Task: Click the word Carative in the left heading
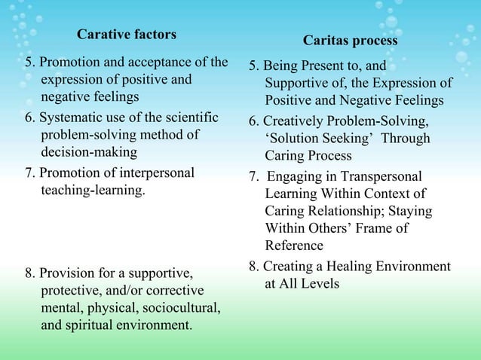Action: pyautogui.click(x=103, y=35)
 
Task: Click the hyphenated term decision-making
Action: pyautogui.click(x=90, y=152)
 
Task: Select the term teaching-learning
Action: pyautogui.click(x=92, y=191)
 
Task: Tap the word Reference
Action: pyautogui.click(x=294, y=246)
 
